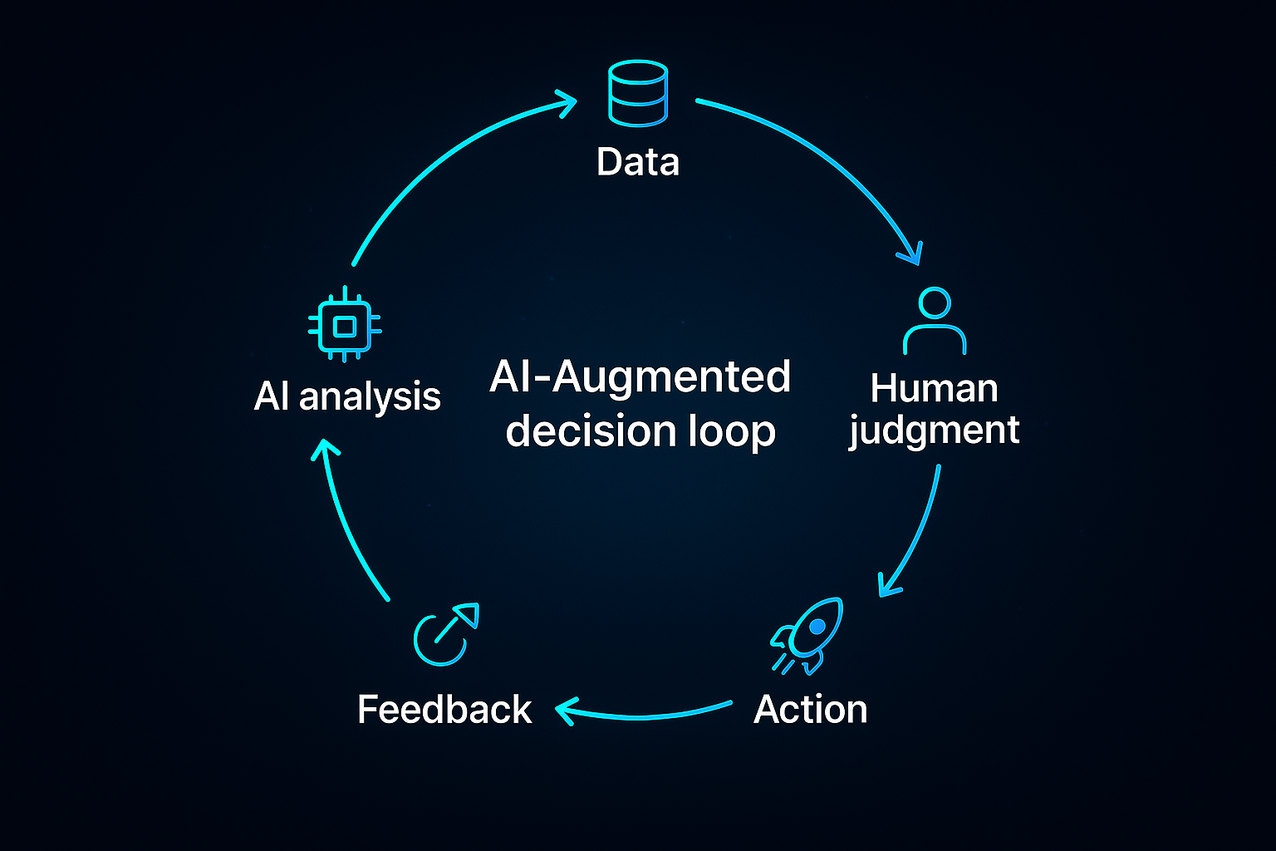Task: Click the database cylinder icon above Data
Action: click(638, 92)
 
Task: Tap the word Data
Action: click(638, 162)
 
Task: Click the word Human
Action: click(934, 388)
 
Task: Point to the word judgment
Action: click(934, 431)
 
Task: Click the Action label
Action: click(810, 710)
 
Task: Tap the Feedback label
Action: click(444, 710)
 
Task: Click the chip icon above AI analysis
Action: click(345, 325)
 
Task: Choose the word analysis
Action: click(370, 397)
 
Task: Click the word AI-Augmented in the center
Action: click(640, 377)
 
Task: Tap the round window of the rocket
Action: click(817, 625)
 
